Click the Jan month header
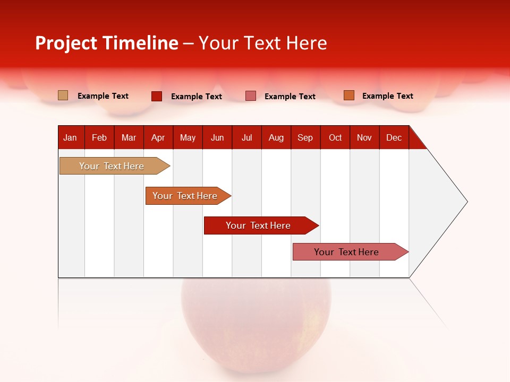click(70, 137)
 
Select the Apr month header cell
click(158, 137)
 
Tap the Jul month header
click(246, 137)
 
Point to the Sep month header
click(305, 137)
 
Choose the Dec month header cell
click(394, 137)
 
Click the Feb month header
click(99, 137)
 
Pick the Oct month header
click(335, 137)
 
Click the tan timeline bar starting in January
click(112, 166)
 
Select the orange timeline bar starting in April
click(185, 196)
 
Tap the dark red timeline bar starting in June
click(258, 225)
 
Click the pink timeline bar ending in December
click(346, 252)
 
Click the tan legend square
click(63, 95)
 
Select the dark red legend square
click(157, 96)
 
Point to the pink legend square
click(251, 96)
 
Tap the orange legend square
click(348, 95)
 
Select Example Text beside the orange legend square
click(387, 96)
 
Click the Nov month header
click(364, 137)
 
